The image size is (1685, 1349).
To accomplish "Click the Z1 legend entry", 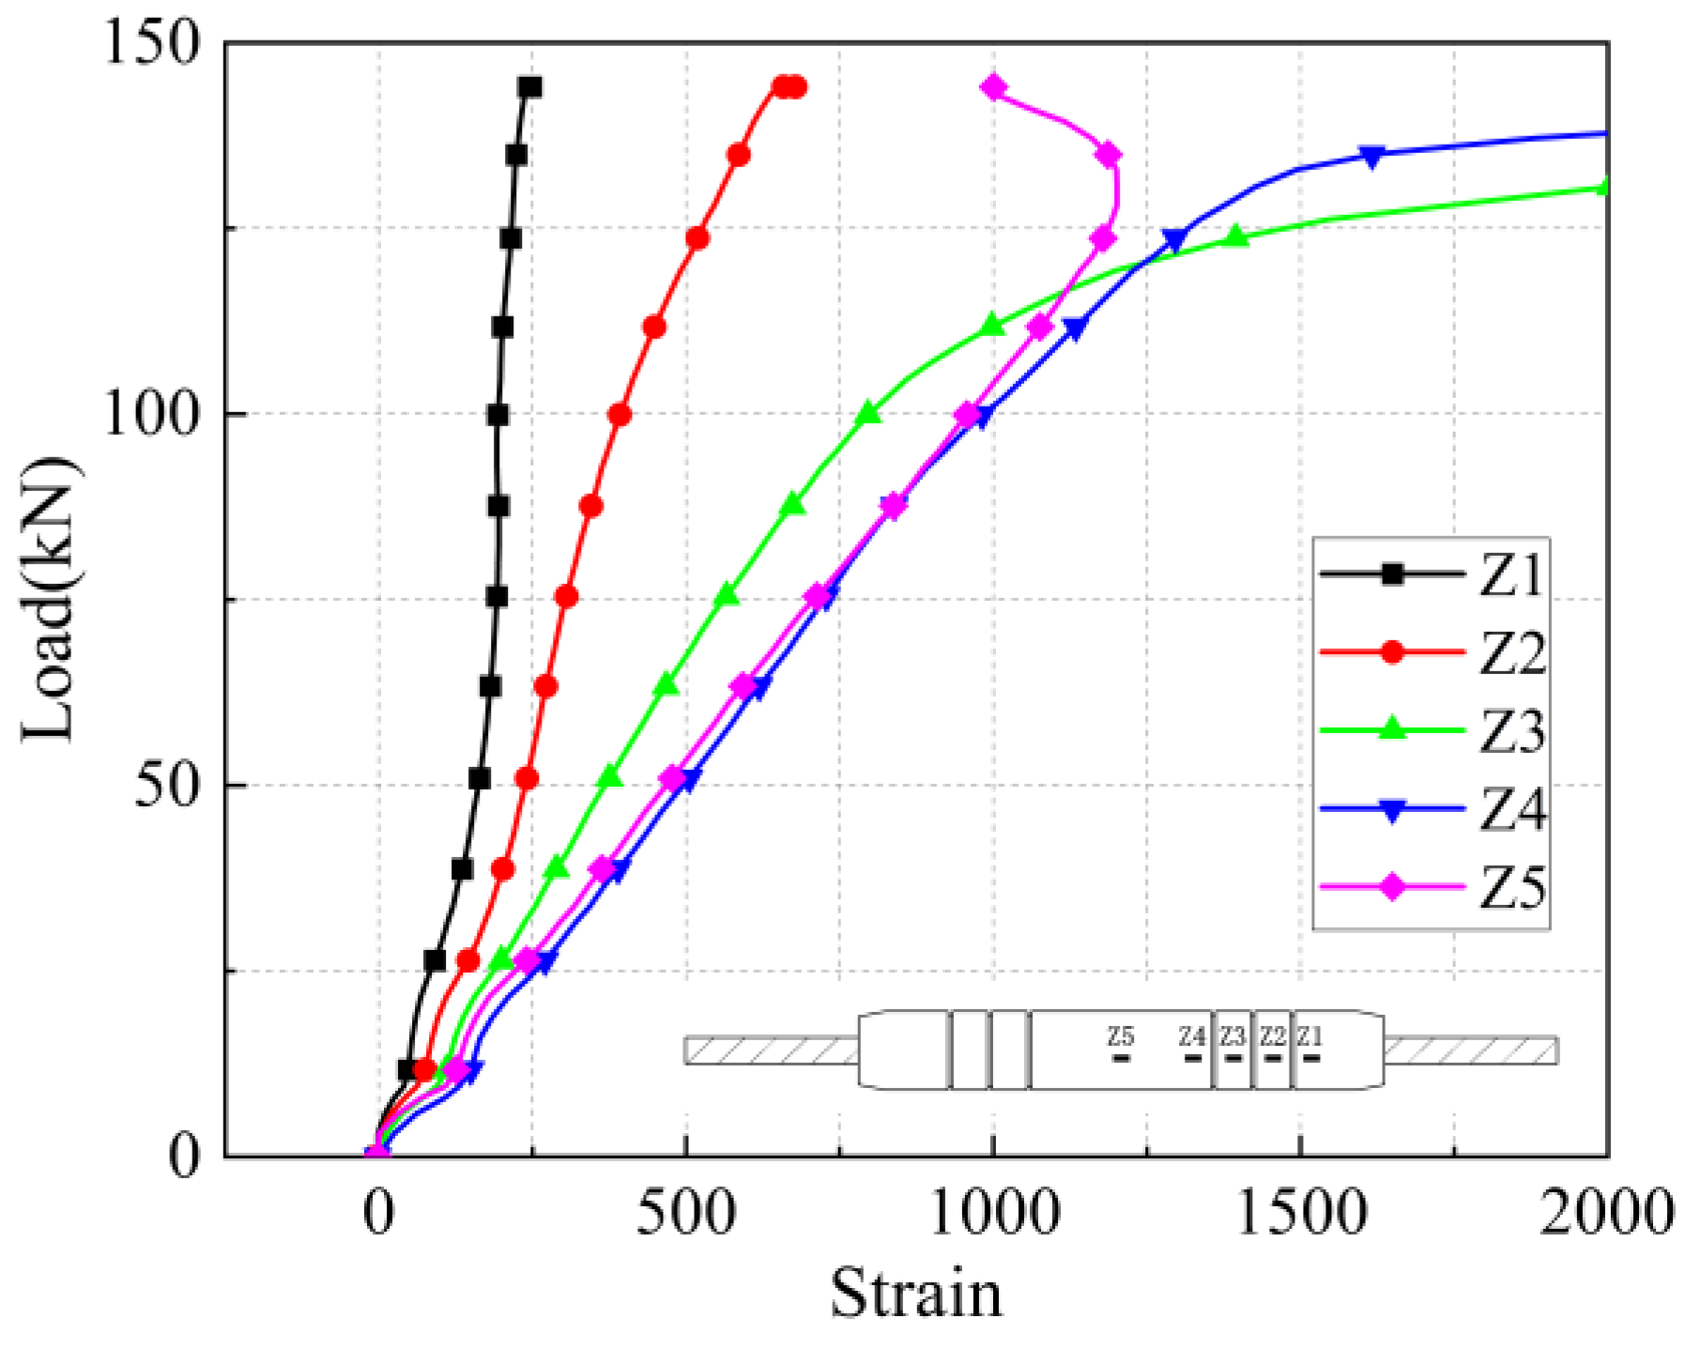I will [1432, 575].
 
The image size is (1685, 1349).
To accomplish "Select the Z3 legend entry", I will [1432, 730].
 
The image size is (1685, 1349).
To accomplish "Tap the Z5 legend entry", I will [1432, 887].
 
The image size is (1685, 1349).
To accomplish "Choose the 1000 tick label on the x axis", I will [993, 1215].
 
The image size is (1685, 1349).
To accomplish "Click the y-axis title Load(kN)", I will [49, 599].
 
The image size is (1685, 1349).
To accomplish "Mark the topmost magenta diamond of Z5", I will [994, 88].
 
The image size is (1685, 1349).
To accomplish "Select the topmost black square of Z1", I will [530, 87].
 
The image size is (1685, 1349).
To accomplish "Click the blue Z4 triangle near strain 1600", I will [1372, 157].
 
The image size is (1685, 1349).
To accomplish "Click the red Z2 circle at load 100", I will [620, 415].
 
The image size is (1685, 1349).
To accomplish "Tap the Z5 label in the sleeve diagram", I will [1120, 1036].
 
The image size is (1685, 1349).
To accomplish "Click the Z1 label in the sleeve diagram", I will [1310, 1036].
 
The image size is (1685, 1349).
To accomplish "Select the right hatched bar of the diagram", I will [1471, 1050].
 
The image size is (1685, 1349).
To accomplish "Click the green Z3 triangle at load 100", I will [869, 413].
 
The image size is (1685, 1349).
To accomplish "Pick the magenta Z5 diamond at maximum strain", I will [1109, 155].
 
